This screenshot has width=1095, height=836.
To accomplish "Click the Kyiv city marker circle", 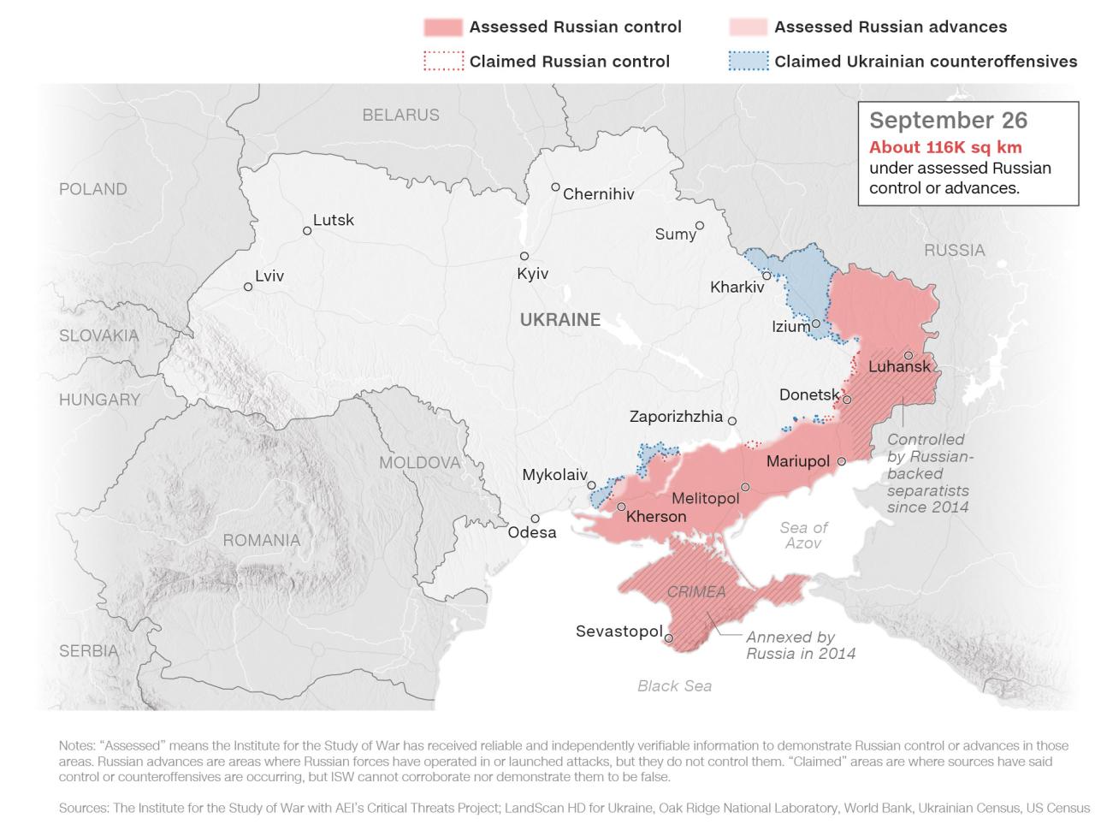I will pyautogui.click(x=524, y=257).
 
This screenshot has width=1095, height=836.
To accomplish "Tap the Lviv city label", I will pyautogui.click(x=269, y=276).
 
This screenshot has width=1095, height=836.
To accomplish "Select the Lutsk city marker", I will pyautogui.click(x=307, y=230).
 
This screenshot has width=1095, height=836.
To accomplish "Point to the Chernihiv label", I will pyautogui.click(x=598, y=194).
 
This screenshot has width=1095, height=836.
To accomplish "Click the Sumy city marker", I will pyautogui.click(x=700, y=226).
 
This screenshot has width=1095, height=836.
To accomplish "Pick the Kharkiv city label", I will pyautogui.click(x=737, y=288).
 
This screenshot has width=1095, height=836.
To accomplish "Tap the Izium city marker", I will pyautogui.click(x=816, y=323).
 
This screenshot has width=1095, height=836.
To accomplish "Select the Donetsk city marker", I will pyautogui.click(x=847, y=400).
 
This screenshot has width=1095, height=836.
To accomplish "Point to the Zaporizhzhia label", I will pyautogui.click(x=676, y=418).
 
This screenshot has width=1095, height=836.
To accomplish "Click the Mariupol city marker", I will pyautogui.click(x=841, y=461).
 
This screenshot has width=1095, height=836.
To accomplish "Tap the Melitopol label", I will pyautogui.click(x=705, y=498).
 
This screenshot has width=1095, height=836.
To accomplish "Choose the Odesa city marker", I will pyautogui.click(x=535, y=519).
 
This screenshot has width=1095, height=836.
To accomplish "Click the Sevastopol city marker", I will pyautogui.click(x=669, y=637).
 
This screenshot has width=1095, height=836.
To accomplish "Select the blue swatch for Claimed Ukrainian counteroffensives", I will pyautogui.click(x=748, y=62).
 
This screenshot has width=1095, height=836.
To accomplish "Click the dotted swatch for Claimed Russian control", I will pyautogui.click(x=443, y=62).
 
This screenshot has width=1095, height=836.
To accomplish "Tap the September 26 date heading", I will pyautogui.click(x=948, y=121).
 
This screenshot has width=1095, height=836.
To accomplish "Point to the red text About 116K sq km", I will pyautogui.click(x=945, y=147).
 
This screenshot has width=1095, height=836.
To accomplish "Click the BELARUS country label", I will pyautogui.click(x=400, y=115).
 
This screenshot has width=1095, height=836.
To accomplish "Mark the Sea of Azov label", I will pyautogui.click(x=803, y=535).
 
